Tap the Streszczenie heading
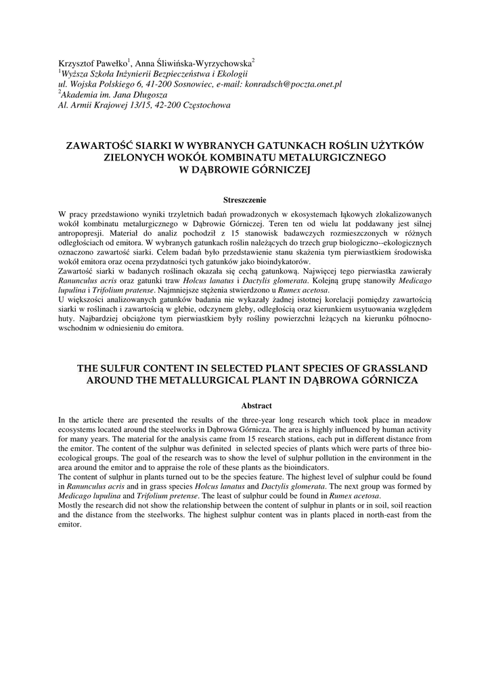click(244, 200)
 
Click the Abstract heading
click(257, 406)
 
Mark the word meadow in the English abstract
click(418, 420)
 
